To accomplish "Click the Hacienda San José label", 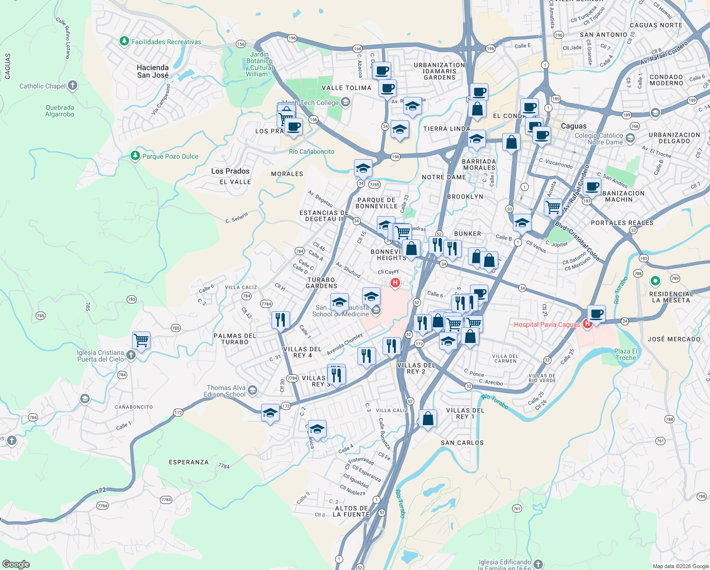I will pos(153,71).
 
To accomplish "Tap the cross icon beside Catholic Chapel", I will pos(72,85).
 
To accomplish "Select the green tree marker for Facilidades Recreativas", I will pos(124,42).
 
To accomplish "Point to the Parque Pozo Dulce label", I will pos(170,156).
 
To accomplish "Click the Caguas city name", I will pos(574,126).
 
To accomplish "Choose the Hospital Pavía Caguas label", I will pos(547,324).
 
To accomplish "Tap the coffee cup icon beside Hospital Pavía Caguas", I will pos(596,314).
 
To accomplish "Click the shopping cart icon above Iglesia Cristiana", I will pos(141,340).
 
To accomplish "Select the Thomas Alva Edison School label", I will pos(226,391).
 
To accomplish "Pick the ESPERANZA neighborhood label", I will pos(189,462).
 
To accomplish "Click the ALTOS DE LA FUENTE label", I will pos(351,511).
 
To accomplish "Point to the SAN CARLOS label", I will pos(462,443).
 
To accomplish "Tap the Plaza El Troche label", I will pos(626,354).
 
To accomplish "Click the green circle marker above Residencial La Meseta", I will pos(655,281).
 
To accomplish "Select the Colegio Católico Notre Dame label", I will pos(599,139).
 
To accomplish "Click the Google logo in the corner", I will pos(16,564).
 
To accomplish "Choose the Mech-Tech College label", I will pos(310,103).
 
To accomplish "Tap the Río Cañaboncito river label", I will pos(311,152).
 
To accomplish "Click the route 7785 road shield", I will pos(374,185).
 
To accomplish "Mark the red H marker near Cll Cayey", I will pos(395,283).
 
